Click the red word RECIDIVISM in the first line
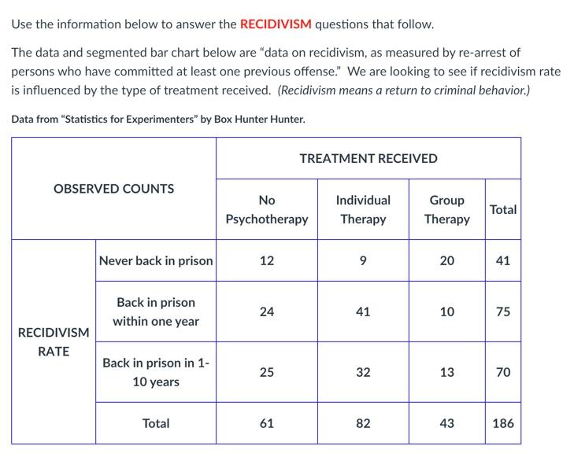[276, 24]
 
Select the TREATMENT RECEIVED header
[368, 158]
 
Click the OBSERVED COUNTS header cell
[113, 189]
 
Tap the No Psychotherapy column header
[266, 209]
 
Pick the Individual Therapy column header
[363, 209]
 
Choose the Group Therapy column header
[446, 209]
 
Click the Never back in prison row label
[156, 260]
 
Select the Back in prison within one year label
[156, 312]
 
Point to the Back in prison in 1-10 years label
[156, 372]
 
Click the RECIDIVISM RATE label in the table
[54, 341]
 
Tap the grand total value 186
[502, 423]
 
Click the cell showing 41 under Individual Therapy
[363, 312]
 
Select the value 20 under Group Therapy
[446, 260]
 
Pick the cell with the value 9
[363, 260]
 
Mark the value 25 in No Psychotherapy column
[266, 372]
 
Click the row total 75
[502, 312]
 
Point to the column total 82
[363, 423]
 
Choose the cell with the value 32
[363, 372]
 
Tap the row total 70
[502, 372]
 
